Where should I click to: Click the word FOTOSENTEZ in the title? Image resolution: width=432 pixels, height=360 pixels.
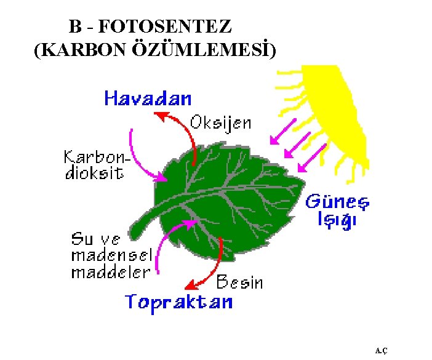pyautogui.click(x=164, y=28)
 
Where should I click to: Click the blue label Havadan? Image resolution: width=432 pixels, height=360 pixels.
pyautogui.click(x=148, y=98)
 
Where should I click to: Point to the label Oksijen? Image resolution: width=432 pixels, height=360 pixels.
pyautogui.click(x=220, y=122)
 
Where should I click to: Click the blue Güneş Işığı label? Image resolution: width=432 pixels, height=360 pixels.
pyautogui.click(x=338, y=210)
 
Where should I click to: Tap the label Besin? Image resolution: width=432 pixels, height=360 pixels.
pyautogui.click(x=239, y=282)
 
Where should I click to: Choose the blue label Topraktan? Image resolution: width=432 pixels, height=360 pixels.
pyautogui.click(x=179, y=302)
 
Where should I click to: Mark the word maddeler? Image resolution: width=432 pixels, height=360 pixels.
pyautogui.click(x=110, y=271)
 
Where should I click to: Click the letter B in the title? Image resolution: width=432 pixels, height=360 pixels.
pyautogui.click(x=74, y=28)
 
